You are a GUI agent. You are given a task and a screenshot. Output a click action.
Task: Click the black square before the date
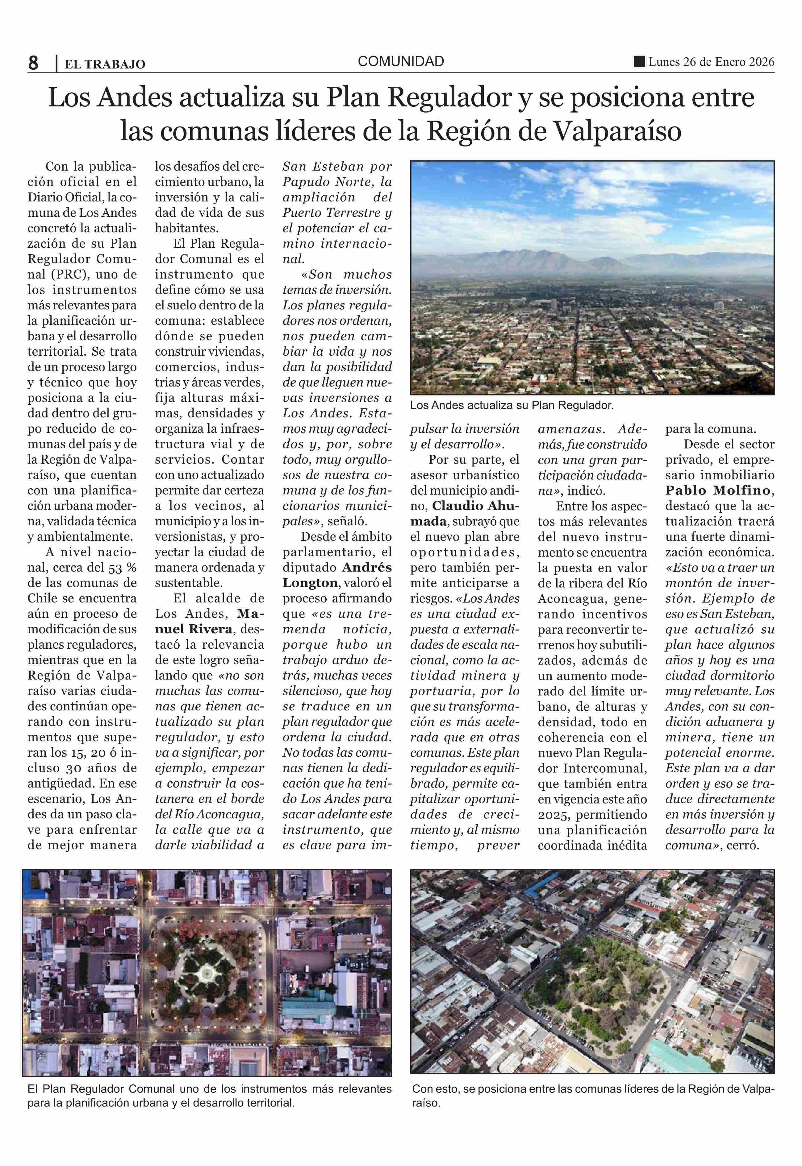tap(639, 62)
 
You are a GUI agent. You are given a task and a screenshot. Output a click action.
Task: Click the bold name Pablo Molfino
tap(720, 490)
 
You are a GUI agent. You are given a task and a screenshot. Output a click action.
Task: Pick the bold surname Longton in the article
tap(310, 583)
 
